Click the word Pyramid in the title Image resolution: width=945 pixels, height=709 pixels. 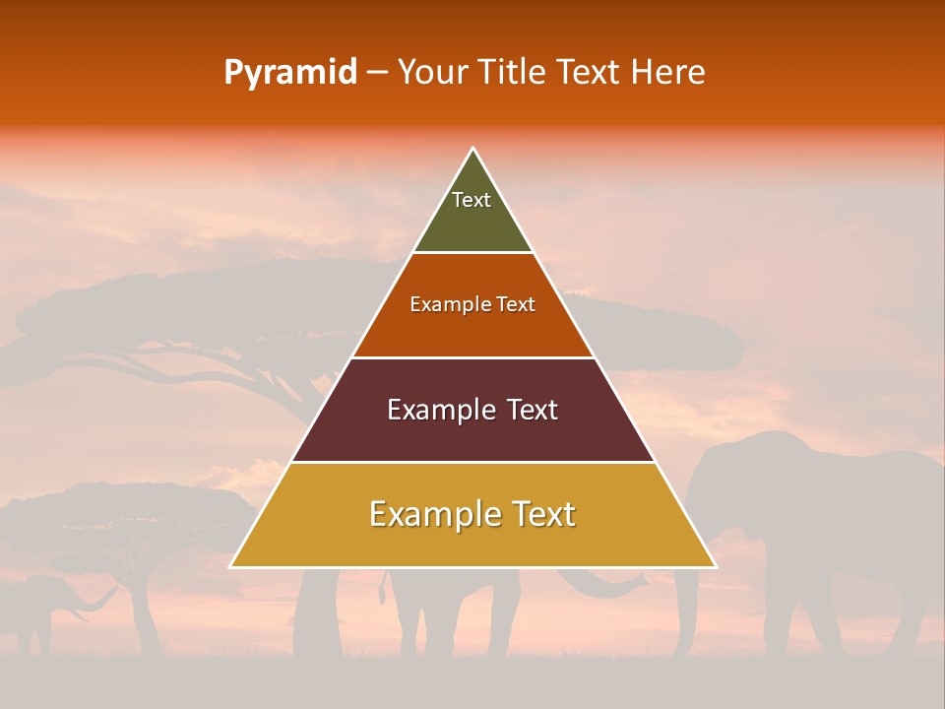[x=290, y=73]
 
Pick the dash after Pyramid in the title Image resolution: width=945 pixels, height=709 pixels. [x=377, y=73]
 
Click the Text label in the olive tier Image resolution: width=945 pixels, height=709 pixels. [x=472, y=200]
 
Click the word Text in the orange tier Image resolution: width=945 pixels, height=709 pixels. [x=516, y=305]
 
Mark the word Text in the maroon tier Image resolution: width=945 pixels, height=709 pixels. [x=532, y=410]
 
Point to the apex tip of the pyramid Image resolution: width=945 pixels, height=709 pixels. [x=473, y=149]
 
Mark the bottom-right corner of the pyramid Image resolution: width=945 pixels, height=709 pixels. [x=716, y=566]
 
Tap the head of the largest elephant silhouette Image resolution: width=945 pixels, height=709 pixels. [x=733, y=473]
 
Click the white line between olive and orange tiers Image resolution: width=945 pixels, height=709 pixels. [x=473, y=253]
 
